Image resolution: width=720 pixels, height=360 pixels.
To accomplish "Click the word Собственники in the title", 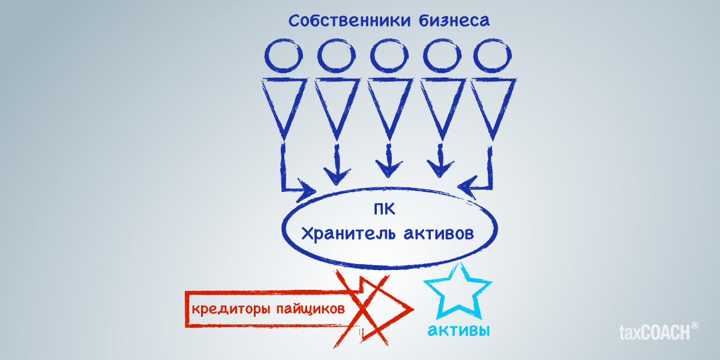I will tap(349, 21).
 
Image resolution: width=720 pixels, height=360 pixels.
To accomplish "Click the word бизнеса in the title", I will tap(454, 21).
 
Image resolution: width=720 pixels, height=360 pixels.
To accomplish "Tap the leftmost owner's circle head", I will tap(283, 56).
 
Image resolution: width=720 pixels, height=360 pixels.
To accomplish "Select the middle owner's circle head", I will tap(387, 56).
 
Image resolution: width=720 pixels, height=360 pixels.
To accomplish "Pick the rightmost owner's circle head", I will tap(491, 56).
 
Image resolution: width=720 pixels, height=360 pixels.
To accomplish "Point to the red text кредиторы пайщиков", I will tap(268, 309).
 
